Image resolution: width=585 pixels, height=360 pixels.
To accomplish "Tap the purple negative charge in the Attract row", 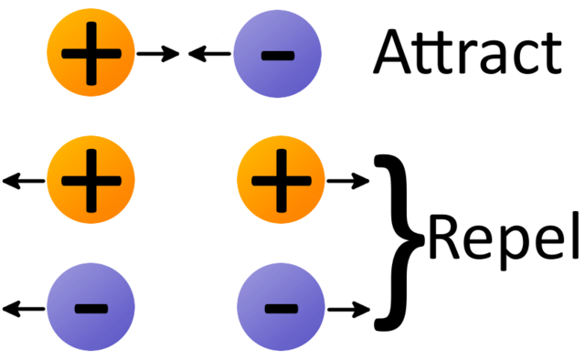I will point(278,55).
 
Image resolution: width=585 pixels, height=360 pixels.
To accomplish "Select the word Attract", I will point(466,53).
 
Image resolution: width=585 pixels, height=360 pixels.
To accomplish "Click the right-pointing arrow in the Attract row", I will point(157,55).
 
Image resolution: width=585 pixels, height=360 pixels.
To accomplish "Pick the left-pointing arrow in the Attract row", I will point(209,55).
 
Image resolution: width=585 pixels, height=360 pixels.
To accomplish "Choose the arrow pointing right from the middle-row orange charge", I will point(347,181).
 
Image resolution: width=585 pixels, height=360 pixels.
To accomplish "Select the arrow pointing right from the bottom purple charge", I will point(347,306).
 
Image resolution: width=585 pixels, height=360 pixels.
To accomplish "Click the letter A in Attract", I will point(395,53).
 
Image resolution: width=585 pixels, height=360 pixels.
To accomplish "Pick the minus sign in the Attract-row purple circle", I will point(278,56).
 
